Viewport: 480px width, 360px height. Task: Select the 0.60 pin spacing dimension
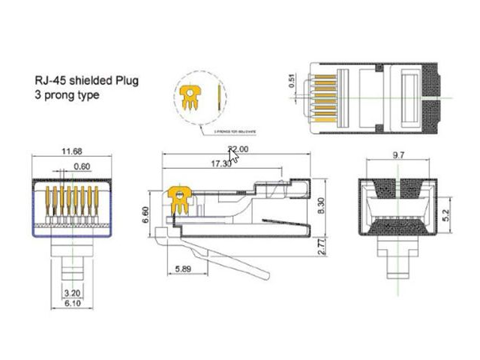[x=82, y=166]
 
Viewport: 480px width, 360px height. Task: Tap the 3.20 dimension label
[x=72, y=292]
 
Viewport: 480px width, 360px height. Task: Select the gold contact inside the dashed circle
[x=193, y=96]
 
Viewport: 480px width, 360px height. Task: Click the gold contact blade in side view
[x=179, y=197]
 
